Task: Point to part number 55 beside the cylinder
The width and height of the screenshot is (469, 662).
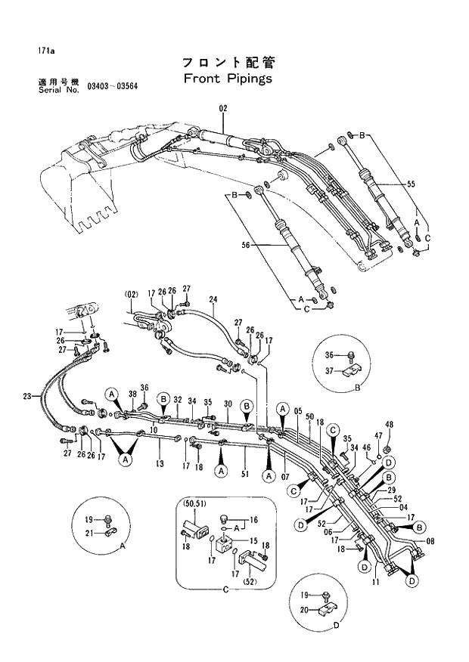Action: tap(412, 184)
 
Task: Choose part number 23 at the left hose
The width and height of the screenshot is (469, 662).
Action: tap(27, 396)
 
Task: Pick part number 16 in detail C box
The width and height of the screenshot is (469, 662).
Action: tap(254, 520)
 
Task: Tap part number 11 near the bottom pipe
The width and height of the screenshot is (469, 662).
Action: tap(377, 583)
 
